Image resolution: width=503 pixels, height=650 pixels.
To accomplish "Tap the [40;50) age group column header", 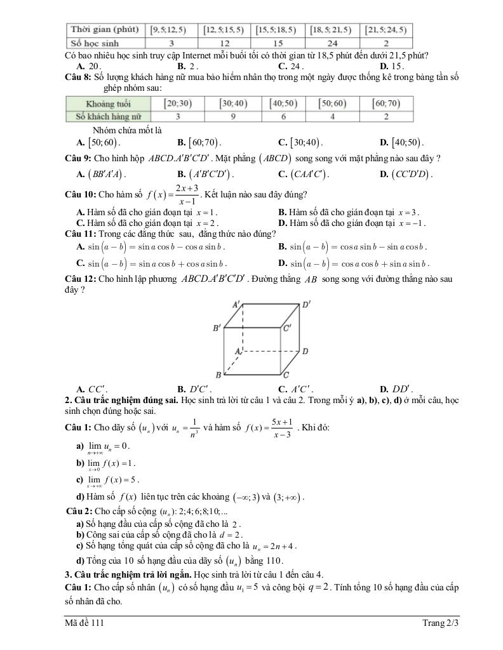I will click(284, 103).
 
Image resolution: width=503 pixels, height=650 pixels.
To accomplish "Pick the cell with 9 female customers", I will click(232, 116).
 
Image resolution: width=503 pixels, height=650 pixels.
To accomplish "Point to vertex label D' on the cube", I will click(306, 305).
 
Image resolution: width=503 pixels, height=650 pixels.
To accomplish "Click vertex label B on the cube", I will click(218, 376).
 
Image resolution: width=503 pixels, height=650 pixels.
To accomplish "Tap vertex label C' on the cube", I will click(287, 328).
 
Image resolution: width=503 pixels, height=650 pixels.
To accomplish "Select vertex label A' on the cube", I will click(236, 305).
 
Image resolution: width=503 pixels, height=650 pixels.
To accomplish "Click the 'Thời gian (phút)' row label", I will click(105, 30).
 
